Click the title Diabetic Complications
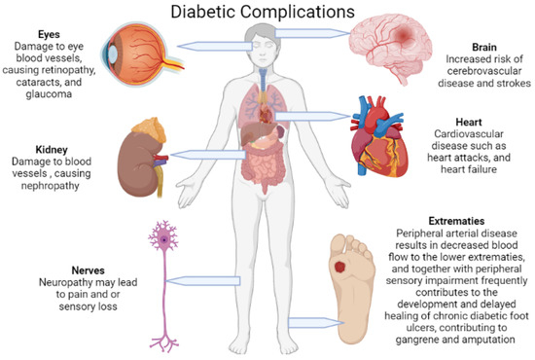click(267, 13)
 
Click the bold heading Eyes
click(36, 32)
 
